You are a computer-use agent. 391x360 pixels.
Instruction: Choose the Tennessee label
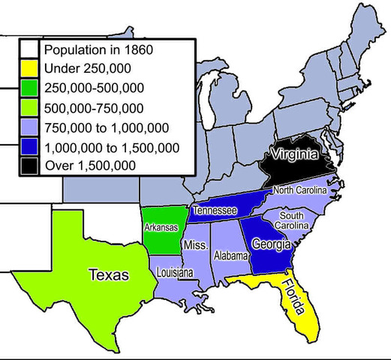[215, 211]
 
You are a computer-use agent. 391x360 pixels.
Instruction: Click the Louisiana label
[176, 273]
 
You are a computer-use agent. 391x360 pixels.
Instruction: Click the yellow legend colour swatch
[31, 70]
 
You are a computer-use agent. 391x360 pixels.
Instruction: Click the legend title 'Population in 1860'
[98, 50]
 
